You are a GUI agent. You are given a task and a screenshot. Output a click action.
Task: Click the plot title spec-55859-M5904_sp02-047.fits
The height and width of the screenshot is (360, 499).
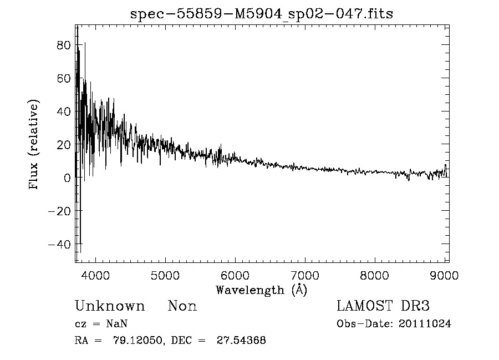pos(261,14)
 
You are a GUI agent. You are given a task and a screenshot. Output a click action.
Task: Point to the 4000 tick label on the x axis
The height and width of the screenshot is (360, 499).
pos(96,275)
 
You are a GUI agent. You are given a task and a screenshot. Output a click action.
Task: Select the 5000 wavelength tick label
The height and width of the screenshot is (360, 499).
pos(166,275)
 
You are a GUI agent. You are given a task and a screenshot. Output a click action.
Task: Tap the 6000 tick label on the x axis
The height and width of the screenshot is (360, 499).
pos(235,275)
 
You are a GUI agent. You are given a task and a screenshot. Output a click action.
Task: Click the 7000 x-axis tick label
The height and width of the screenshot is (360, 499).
pos(305,275)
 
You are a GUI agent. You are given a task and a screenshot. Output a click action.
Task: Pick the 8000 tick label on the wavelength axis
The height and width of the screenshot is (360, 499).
pos(375,275)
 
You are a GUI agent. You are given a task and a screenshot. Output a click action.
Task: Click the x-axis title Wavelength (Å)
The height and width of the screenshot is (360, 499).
pos(261,290)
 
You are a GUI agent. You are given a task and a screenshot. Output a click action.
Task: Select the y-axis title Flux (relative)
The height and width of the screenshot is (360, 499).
pos(34,145)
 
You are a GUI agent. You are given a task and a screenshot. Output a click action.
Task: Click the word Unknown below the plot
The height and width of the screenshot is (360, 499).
pos(110,306)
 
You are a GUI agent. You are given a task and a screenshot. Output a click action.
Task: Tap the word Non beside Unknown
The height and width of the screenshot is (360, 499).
pos(182,306)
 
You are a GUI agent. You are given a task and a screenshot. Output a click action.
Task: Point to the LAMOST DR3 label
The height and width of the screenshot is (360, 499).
pos(383,306)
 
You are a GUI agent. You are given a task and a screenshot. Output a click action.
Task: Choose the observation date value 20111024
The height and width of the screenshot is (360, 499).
pos(425,324)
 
